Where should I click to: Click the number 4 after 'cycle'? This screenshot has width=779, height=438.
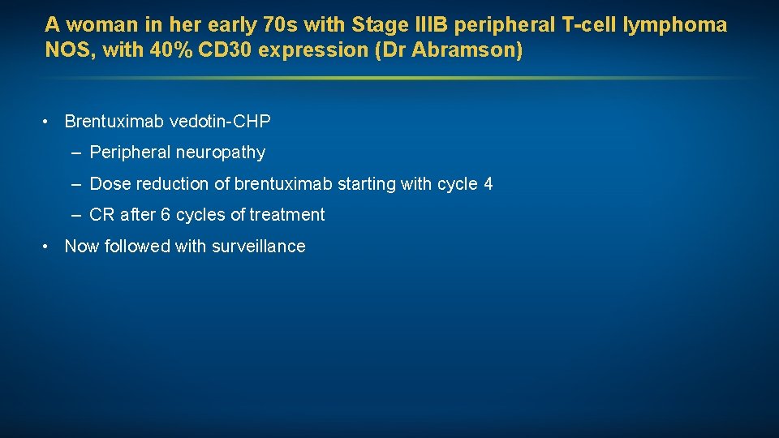pos(488,184)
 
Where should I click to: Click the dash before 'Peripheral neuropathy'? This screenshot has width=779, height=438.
pos(75,152)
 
